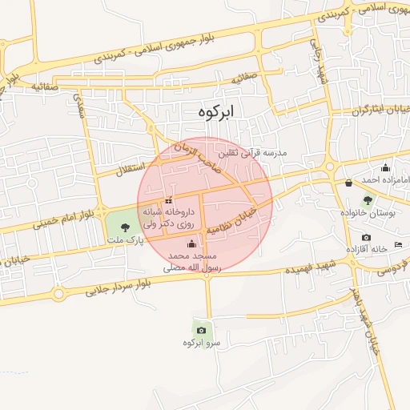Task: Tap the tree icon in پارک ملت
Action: click(x=123, y=228)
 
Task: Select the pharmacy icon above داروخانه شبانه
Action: click(x=168, y=200)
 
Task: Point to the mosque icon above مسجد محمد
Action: click(x=191, y=243)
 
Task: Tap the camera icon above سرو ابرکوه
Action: click(x=201, y=330)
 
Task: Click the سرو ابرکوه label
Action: click(x=201, y=343)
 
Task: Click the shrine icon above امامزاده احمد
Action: click(x=386, y=167)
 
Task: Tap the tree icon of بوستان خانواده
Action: click(x=368, y=200)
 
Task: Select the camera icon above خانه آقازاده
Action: click(x=367, y=237)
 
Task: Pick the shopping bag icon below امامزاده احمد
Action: click(x=348, y=183)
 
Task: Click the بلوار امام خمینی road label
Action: click(x=65, y=216)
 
